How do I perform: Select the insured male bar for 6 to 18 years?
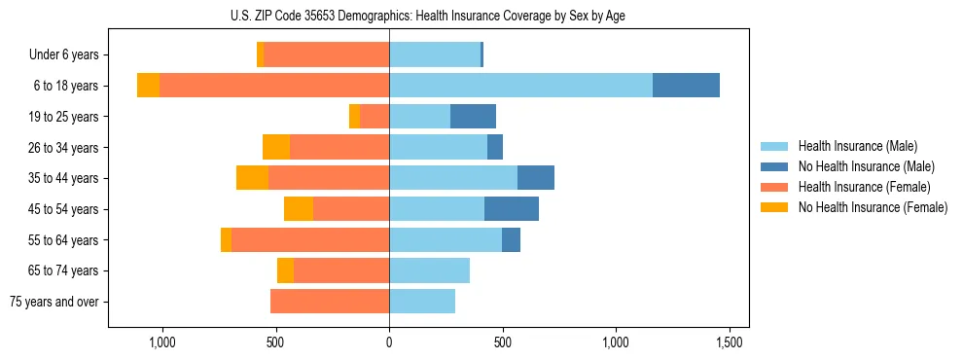point(520,86)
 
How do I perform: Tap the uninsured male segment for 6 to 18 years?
point(686,86)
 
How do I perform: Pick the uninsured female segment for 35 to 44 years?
point(252,178)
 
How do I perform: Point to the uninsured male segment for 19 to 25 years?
point(473,117)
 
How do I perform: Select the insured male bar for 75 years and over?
point(422,302)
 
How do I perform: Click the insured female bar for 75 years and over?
point(330,302)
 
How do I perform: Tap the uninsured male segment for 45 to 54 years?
point(512,209)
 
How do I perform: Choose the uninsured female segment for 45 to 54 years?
point(299,209)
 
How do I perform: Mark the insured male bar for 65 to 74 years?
point(429,270)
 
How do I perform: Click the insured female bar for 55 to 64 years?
point(310,240)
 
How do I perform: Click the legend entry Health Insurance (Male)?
point(857,146)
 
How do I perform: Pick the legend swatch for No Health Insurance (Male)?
point(774,166)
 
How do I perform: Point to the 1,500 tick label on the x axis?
point(730,342)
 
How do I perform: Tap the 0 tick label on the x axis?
point(389,342)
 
